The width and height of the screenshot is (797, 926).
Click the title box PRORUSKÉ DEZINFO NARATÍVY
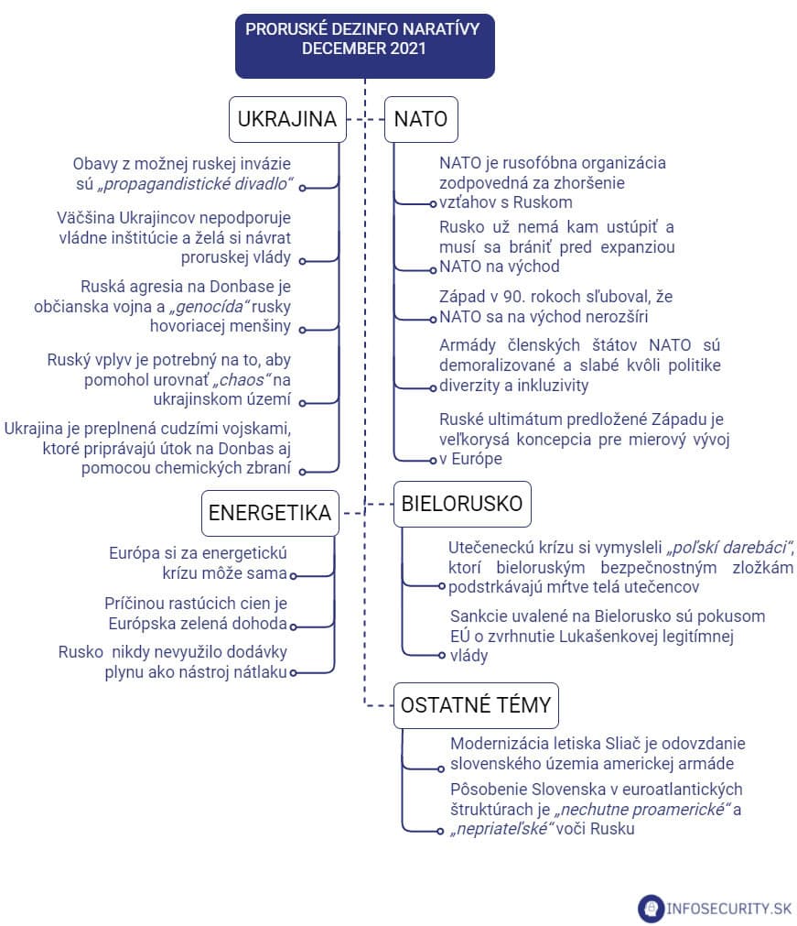pos(364,39)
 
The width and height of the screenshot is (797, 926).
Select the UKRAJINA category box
pos(287,119)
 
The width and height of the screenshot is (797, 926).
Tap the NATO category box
pos(420,119)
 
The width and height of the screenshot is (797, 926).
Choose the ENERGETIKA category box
pos(269,513)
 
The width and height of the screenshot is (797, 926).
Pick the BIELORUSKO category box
pos(461,504)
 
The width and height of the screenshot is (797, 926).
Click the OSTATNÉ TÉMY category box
pos(476,704)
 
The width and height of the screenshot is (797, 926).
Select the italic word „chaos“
pos(242,379)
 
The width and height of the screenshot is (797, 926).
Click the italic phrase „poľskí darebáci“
pos(729,547)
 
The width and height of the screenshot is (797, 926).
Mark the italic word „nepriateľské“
pos(502,829)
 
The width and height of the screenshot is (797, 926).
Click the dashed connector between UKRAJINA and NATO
pos(366,119)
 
